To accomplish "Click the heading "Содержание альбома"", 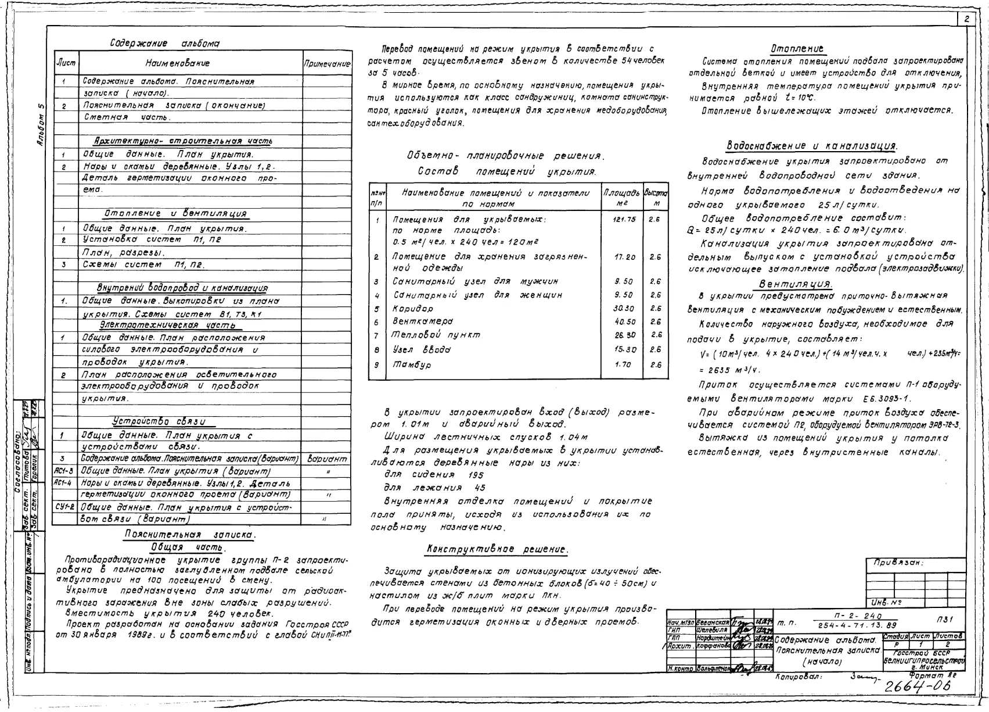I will [165, 44].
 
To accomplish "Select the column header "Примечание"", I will [327, 63].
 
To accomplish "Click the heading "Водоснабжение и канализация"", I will [812, 145].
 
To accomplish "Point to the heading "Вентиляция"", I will [796, 284].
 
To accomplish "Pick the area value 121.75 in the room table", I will [624, 219].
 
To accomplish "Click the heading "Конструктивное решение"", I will [497, 549].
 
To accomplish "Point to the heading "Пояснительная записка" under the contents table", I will [190, 535].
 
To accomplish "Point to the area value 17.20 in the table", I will [624, 256].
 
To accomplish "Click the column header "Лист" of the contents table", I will [65, 63].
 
